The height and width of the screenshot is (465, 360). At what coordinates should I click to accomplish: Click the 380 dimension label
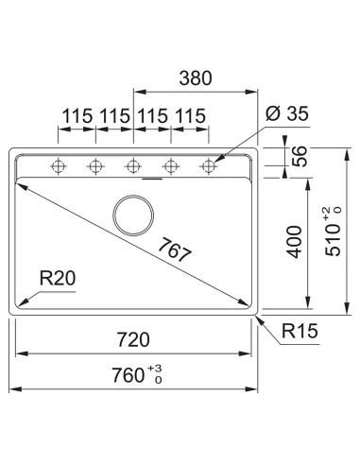pos(196,78)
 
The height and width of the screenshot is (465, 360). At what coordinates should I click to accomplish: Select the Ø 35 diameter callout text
pos(287,113)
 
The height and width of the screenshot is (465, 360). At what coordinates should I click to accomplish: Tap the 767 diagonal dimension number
pos(174,250)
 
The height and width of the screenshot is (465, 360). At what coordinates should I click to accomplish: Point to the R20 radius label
pos(58,279)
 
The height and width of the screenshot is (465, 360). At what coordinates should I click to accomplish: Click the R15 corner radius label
pos(300,331)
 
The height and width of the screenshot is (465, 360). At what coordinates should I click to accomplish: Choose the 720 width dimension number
pos(133,340)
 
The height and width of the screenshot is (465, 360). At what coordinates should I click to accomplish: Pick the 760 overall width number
pos(129,375)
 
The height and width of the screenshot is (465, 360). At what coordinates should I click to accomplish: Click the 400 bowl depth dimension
pos(295,242)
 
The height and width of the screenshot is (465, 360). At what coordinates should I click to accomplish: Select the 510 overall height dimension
pos(333,240)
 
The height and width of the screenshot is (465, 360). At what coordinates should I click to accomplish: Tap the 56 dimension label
pos(299,156)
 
